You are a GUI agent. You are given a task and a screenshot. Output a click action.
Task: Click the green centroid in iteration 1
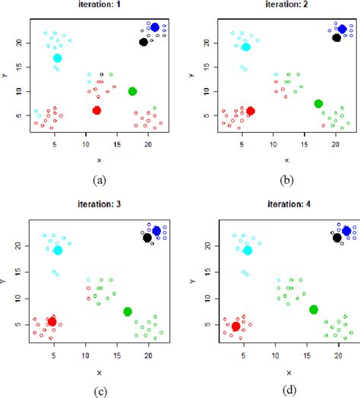point(133,91)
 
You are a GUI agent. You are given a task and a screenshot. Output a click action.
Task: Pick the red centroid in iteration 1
point(96,110)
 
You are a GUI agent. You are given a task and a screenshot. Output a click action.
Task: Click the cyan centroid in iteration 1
point(58,58)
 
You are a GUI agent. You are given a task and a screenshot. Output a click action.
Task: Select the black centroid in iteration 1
point(144,42)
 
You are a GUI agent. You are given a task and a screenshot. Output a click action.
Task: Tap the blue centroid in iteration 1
point(155,27)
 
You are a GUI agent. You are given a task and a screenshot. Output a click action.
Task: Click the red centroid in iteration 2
point(251,110)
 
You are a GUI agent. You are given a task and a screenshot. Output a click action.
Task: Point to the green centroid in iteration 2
point(318,103)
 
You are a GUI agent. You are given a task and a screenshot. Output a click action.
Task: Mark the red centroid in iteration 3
point(52,321)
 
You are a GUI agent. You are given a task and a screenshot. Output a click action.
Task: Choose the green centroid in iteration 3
point(128,311)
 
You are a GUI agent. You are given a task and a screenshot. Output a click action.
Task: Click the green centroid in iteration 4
point(314,309)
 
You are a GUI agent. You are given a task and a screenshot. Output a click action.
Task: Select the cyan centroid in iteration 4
point(247,250)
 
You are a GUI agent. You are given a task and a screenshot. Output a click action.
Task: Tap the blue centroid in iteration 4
point(346,230)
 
